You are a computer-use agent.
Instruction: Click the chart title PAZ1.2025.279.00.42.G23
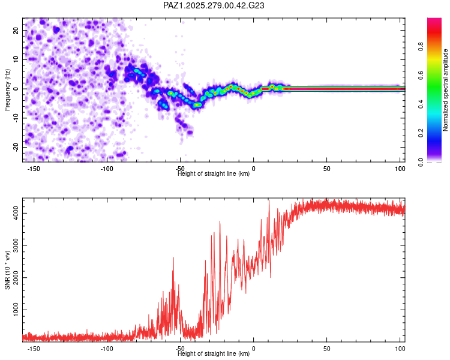pos(214,5)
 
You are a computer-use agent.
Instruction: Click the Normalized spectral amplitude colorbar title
pos(446,90)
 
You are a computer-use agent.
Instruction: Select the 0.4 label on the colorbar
pos(422,104)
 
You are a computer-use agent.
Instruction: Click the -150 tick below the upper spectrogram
pos(34,169)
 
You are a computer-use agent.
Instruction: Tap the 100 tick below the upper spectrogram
pos(400,169)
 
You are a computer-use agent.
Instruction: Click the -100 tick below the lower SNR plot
pos(107,349)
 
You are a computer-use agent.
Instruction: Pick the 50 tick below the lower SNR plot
pos(326,349)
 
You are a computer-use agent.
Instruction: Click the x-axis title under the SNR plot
pos(214,354)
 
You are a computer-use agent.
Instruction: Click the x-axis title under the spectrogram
pos(214,174)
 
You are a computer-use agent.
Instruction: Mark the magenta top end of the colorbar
pos(434,20)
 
